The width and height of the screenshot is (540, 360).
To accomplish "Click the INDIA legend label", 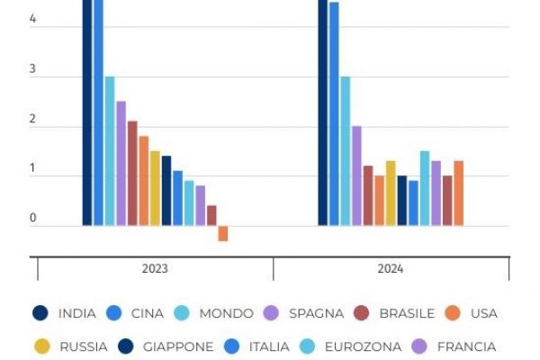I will pyautogui.click(x=76, y=313).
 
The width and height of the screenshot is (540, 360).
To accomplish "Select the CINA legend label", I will pyautogui.click(x=148, y=313).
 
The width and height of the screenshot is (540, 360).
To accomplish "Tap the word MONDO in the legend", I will pyautogui.click(x=226, y=313).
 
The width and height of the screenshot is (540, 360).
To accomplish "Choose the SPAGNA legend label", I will pyautogui.click(x=316, y=313).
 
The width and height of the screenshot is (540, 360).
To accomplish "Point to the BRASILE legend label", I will pyautogui.click(x=407, y=313).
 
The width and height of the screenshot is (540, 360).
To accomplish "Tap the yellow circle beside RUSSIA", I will pyautogui.click(x=40, y=346).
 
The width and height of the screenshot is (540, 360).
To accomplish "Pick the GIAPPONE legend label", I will pyautogui.click(x=178, y=346).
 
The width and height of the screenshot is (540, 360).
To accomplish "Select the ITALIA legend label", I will pyautogui.click(x=269, y=346).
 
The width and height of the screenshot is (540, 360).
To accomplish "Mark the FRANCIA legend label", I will pyautogui.click(x=466, y=346).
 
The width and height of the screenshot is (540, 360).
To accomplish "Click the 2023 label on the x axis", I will pyautogui.click(x=155, y=269).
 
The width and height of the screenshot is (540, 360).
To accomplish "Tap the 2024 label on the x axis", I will pyautogui.click(x=391, y=269).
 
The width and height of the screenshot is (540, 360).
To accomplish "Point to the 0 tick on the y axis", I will pyautogui.click(x=33, y=219).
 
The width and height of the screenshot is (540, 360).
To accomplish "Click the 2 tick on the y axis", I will pyautogui.click(x=33, y=120).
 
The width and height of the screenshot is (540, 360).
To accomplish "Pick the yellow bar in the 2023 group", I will pyautogui.click(x=155, y=188).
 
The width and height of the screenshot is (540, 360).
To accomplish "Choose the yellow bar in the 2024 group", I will pyautogui.click(x=391, y=193).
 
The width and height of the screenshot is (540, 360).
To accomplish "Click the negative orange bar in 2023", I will pyautogui.click(x=223, y=233).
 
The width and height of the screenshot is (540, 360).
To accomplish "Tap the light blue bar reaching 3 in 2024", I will pyautogui.click(x=346, y=150).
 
